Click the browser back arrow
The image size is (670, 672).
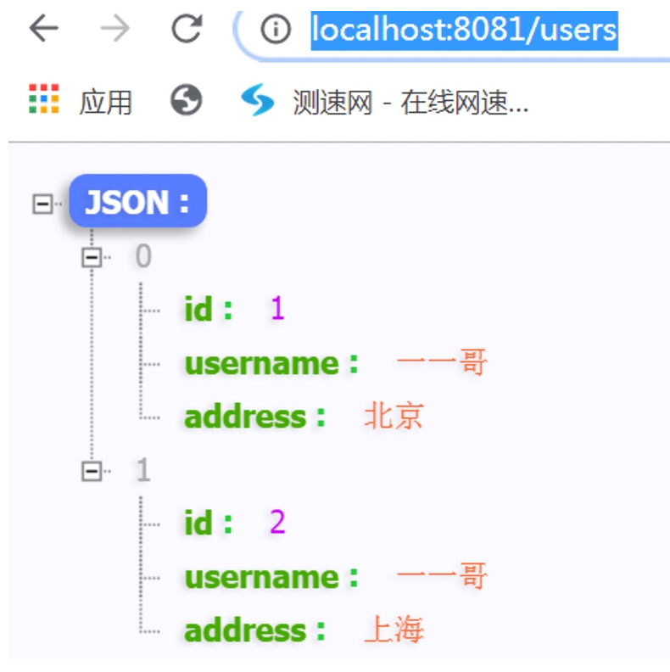point(44,30)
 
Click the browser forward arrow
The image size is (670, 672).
point(115,30)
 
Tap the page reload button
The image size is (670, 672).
point(187,30)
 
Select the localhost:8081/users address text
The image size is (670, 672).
point(464,31)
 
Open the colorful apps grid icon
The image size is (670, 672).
point(44,99)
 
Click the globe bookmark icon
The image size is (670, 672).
point(186,100)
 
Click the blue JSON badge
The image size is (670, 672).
point(137,202)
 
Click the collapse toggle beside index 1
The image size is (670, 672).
point(92,471)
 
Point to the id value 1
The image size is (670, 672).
point(277,309)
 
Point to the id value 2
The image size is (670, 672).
point(277,524)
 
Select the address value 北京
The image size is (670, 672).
point(394,417)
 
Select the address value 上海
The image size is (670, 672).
point(394,630)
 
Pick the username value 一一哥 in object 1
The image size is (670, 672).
point(442,577)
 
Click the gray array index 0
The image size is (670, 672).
point(143,256)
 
